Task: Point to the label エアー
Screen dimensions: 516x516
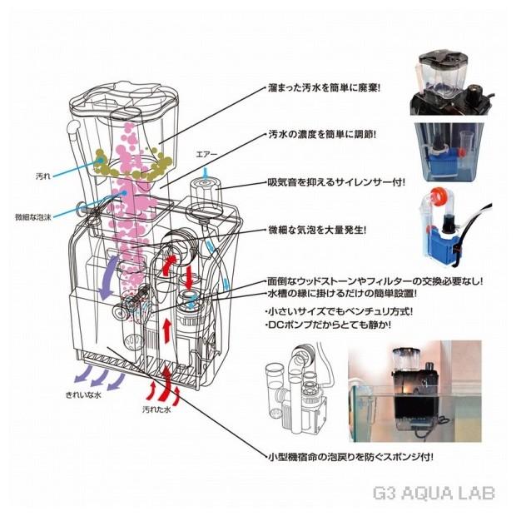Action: click(x=206, y=154)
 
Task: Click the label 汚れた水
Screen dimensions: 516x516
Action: click(x=158, y=410)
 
